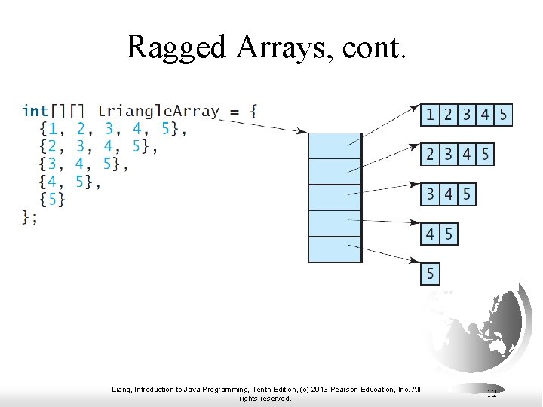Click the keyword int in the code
coord(35,111)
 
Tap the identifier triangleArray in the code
coord(158,111)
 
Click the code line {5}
coord(52,199)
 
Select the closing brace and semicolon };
coord(29,217)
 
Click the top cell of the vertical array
coord(335,145)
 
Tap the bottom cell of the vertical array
coord(335,249)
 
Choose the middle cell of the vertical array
coord(335,197)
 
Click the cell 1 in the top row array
coord(430,115)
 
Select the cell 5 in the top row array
coord(503,115)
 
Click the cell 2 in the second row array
coord(430,155)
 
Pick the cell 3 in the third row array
coord(430,194)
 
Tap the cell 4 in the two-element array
coord(430,234)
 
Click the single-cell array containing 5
coord(430,273)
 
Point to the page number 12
coord(491,393)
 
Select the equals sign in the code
coord(234,112)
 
